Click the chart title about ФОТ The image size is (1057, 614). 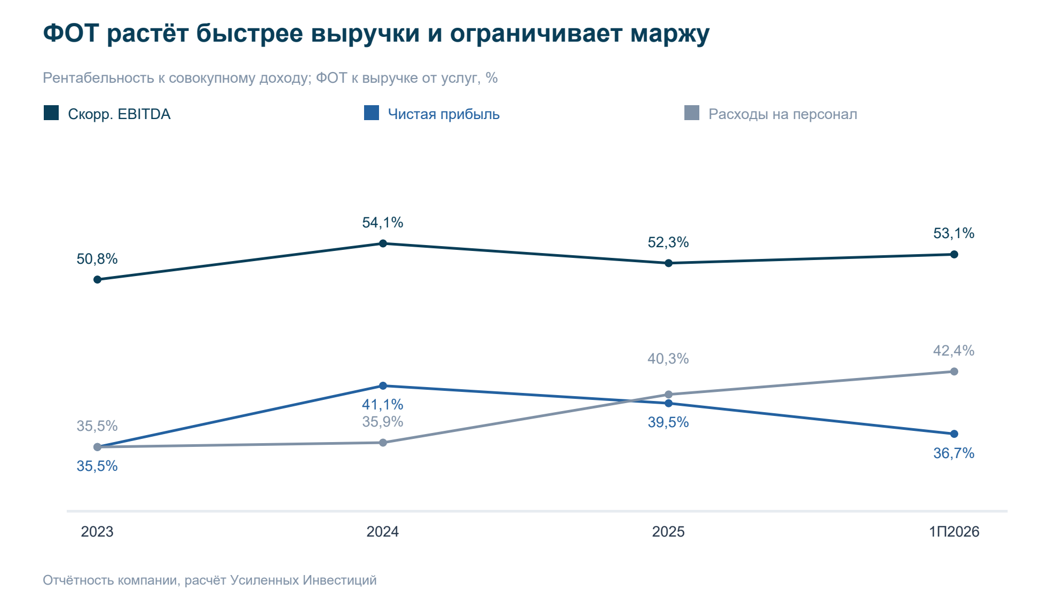tap(376, 34)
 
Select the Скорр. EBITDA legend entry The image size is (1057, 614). tap(107, 114)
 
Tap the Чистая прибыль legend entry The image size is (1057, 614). tap(431, 114)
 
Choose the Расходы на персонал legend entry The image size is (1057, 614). tap(770, 114)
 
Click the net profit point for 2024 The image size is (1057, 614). tap(383, 385)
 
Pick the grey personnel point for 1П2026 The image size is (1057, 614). tap(954, 371)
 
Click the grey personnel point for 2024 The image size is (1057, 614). tap(383, 443)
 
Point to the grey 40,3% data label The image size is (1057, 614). tap(668, 359)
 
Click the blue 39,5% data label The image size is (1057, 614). tap(668, 422)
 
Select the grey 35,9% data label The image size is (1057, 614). tap(383, 422)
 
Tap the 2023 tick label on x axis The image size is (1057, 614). tap(97, 532)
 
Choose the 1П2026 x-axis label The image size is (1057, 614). tap(954, 532)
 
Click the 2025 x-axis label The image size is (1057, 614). tap(668, 532)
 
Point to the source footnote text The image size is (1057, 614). tap(210, 580)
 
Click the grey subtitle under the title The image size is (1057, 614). tap(270, 78)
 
